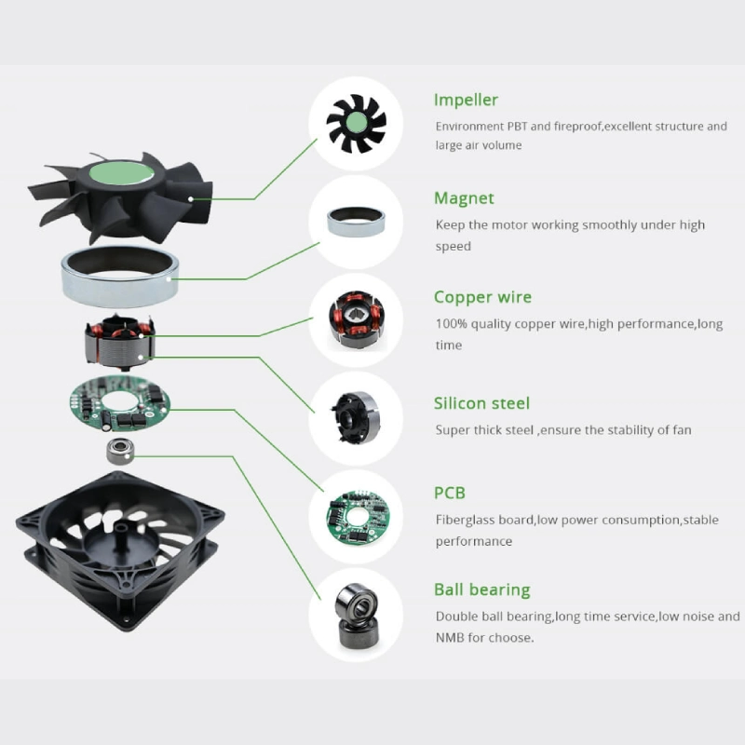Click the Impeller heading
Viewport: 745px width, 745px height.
coord(466,101)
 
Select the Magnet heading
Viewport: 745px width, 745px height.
coord(464,198)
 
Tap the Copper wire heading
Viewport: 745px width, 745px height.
coord(482,297)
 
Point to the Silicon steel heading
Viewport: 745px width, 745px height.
coord(481,403)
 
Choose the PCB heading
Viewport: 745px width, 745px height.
coord(450,493)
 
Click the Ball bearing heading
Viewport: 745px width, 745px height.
coord(481,589)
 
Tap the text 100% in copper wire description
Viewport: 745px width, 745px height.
coord(452,324)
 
